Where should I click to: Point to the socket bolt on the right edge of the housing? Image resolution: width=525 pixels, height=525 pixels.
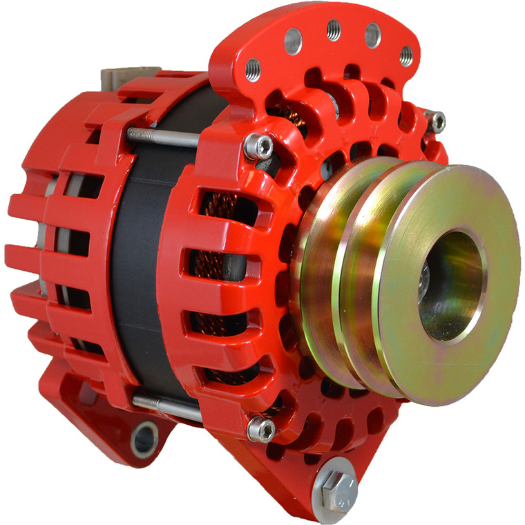pyautogui.click(x=437, y=122)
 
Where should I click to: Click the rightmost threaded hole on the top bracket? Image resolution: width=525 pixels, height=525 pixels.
pyautogui.click(x=406, y=55)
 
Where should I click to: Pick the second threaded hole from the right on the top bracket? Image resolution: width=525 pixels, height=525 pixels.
pyautogui.click(x=372, y=34)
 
